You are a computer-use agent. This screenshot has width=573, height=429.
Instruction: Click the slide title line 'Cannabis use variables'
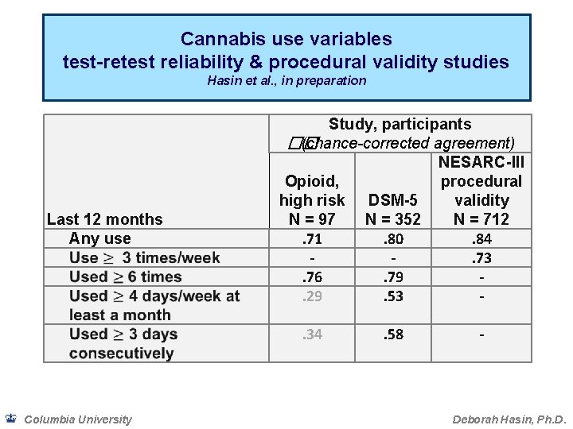(286, 39)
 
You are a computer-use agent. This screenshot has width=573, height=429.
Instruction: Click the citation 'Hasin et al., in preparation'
(286, 80)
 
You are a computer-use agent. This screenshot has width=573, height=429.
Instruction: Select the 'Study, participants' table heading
(400, 125)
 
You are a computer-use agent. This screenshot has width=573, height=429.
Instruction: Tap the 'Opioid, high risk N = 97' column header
(312, 200)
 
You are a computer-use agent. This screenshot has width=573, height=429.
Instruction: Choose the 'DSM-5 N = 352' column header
(392, 210)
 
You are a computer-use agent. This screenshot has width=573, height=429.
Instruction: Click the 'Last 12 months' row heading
(104, 219)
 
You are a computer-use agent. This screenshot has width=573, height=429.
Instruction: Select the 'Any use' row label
(99, 238)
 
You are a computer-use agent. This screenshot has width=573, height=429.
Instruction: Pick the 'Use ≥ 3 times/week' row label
(144, 257)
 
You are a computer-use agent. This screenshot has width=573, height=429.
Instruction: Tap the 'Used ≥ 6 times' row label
(125, 276)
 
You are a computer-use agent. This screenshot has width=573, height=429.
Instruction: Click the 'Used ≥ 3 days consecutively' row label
(123, 343)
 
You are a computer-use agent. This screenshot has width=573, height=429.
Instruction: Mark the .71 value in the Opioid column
(312, 239)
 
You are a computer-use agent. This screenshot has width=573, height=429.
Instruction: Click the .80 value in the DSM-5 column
(392, 239)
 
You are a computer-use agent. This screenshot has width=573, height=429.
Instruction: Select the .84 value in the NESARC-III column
(481, 239)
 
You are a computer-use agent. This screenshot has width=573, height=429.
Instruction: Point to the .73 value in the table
(481, 258)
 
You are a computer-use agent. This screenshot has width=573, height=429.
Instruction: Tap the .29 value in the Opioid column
(312, 296)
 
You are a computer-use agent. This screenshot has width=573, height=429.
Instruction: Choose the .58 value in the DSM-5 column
(392, 334)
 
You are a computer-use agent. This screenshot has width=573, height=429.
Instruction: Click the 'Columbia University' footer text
(78, 419)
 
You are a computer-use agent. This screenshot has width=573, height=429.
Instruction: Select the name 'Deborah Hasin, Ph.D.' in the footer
(509, 419)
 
